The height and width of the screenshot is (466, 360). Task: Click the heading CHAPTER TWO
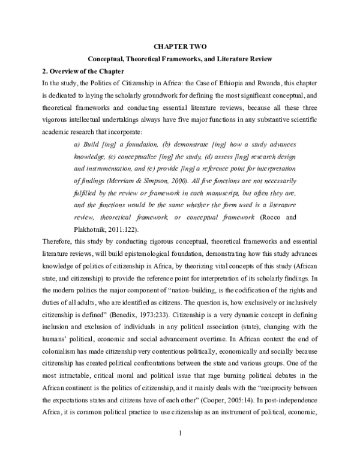coord(179,46)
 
